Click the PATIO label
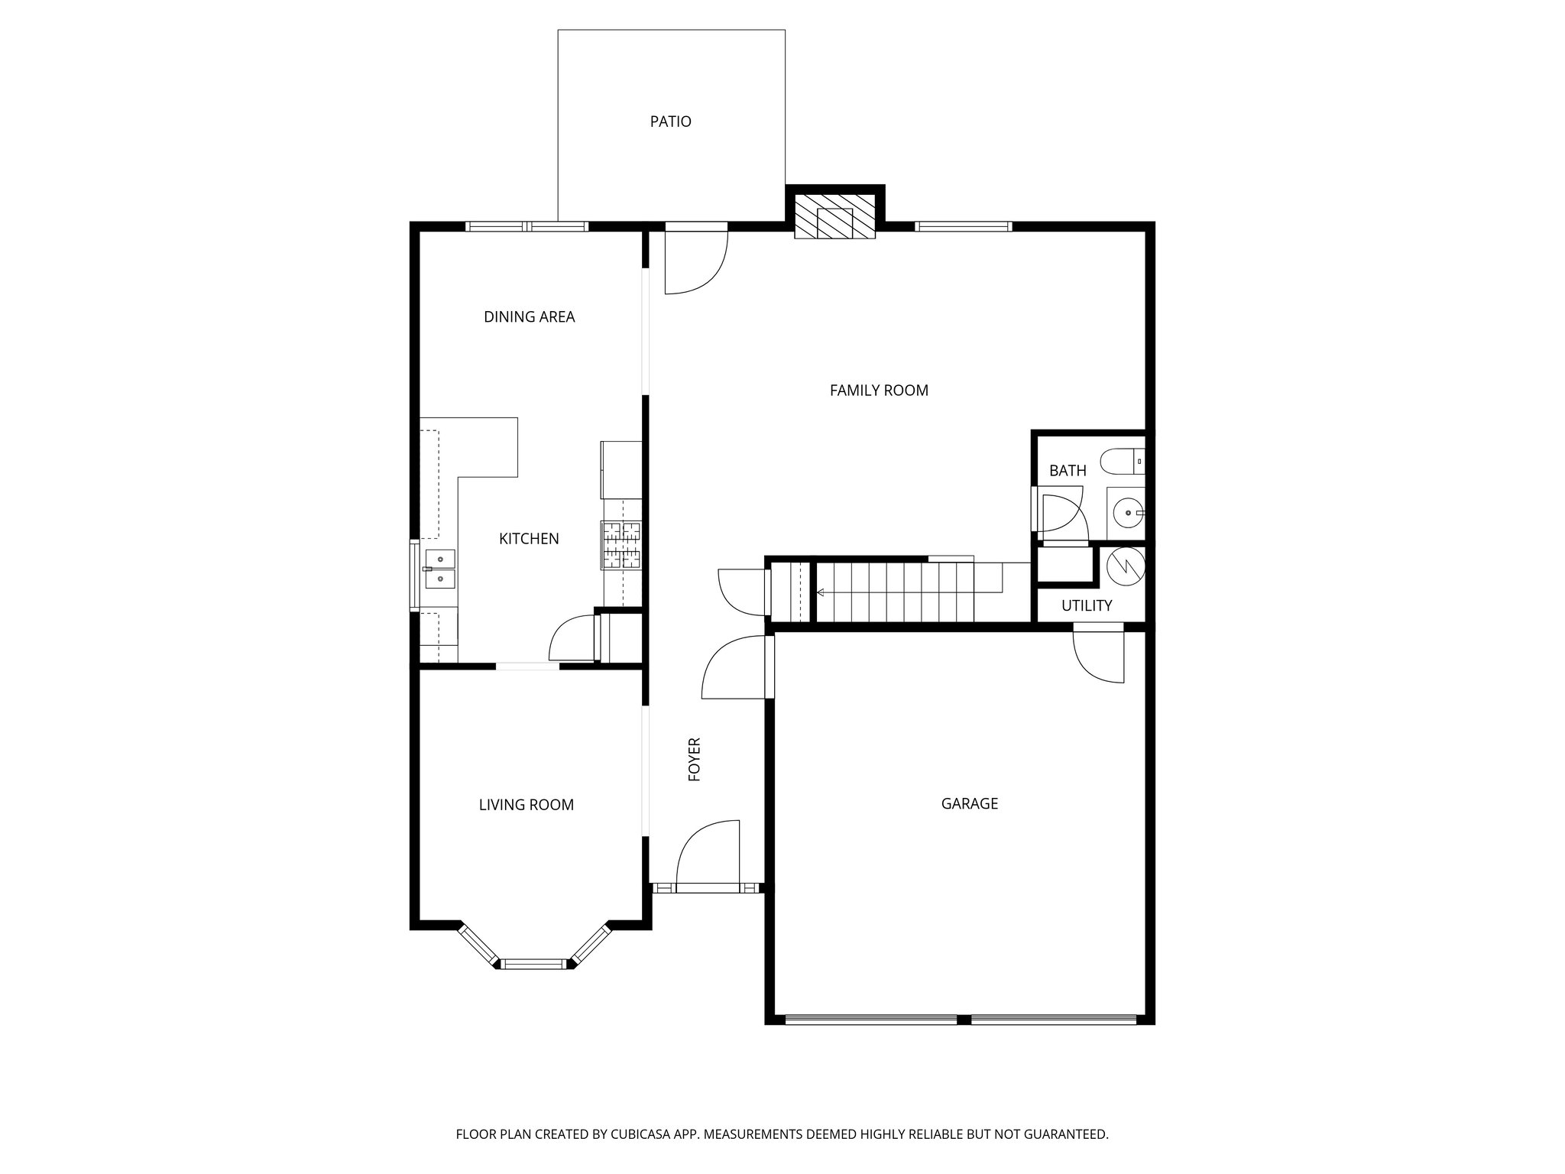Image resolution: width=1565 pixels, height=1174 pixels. pos(670,122)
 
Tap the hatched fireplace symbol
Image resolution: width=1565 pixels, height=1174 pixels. pos(834,216)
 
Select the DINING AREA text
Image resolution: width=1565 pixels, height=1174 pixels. pos(529,316)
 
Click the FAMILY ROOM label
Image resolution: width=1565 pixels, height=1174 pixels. pos(879,391)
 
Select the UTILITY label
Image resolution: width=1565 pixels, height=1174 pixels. pos(1087,606)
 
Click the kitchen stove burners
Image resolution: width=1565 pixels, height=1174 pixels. pos(621,545)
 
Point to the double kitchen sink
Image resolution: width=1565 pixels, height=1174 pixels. pos(440,569)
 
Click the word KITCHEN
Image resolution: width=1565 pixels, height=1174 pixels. pos(529,539)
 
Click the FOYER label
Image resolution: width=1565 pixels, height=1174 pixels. pos(695,759)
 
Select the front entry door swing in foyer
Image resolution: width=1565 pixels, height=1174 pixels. pos(707,852)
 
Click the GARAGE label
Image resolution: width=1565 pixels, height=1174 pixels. pos(969,803)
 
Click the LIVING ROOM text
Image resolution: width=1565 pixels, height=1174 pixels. pos(526,805)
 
